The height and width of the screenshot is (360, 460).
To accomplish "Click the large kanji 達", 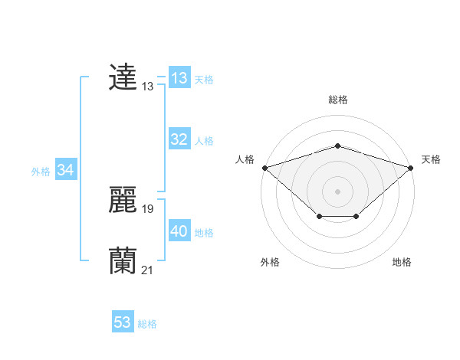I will (123, 77).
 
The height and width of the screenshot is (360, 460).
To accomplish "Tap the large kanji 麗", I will (123, 200).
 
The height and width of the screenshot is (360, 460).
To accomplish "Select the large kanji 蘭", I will (123, 261).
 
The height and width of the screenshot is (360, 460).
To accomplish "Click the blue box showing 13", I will (179, 78).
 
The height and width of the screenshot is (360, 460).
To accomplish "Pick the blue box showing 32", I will (179, 139).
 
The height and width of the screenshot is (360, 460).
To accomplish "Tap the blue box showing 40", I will (179, 231).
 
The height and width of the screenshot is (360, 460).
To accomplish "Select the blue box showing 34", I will (65, 170).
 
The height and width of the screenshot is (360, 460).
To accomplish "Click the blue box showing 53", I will (123, 322).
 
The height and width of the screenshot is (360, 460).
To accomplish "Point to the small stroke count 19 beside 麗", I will (148, 209).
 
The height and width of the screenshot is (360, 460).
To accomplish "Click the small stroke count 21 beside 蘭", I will (148, 270).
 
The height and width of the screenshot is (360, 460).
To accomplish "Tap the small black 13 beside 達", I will (148, 87).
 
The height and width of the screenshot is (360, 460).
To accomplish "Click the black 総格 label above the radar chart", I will (337, 100).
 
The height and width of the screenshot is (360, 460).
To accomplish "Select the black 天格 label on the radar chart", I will (431, 159).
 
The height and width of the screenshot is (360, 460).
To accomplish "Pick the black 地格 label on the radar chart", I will (402, 263).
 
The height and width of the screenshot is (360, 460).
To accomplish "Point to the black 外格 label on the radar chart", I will (270, 263).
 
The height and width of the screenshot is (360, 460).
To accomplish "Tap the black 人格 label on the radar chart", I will (245, 159).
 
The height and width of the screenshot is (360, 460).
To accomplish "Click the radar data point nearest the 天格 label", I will (411, 167).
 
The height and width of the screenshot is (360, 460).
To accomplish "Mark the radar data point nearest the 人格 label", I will (264, 167).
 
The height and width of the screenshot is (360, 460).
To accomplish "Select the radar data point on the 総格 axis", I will (337, 146).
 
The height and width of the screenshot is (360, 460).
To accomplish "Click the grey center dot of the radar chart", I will (337, 191).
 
